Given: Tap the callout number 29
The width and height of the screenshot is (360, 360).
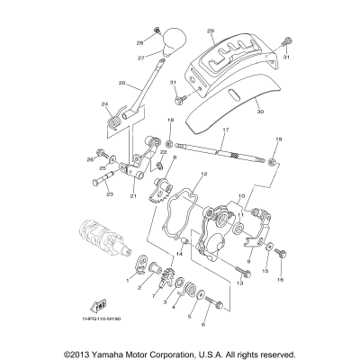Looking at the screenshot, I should [210, 31].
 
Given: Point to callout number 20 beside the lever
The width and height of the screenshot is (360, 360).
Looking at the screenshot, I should [121, 83].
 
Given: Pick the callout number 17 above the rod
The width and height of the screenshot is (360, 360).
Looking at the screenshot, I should [226, 130].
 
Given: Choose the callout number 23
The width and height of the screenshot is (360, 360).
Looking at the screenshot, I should [111, 193].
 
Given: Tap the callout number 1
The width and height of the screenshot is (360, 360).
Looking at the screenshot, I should [129, 280].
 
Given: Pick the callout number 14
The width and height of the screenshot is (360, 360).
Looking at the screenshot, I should [180, 255].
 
